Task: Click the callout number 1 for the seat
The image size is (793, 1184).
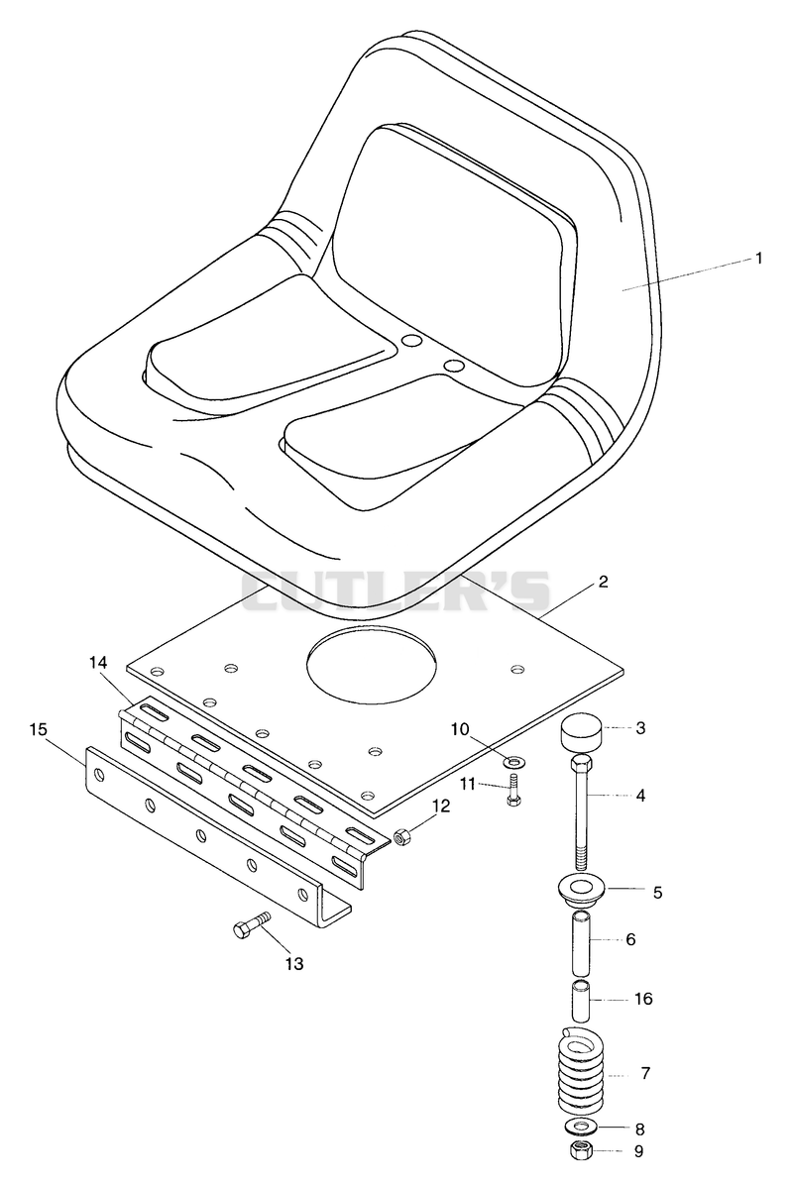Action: pos(758,259)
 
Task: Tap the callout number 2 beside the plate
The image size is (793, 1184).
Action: pos(603,582)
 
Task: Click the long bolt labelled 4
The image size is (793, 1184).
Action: pos(581,812)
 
